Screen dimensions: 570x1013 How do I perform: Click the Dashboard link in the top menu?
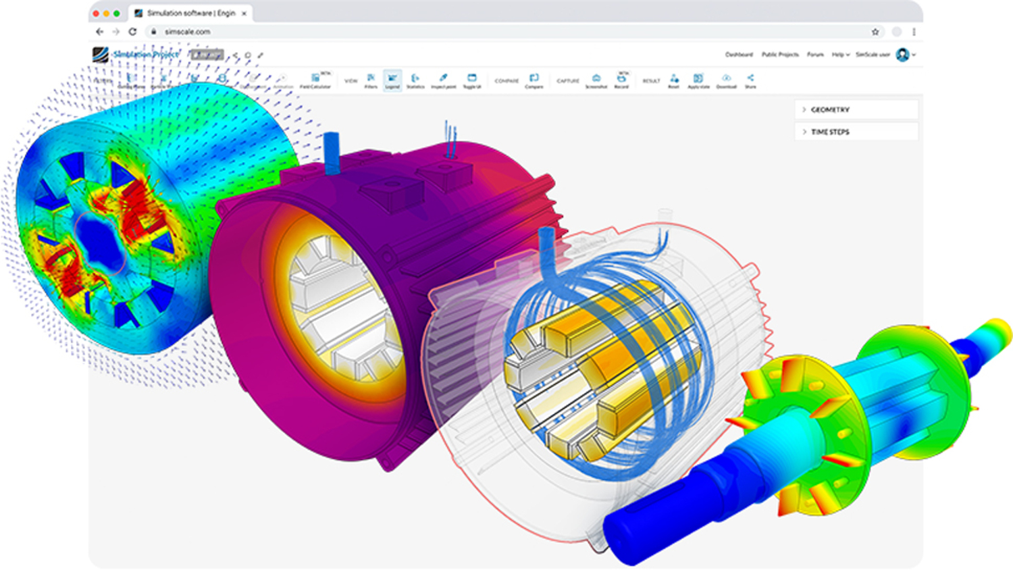[x=738, y=55]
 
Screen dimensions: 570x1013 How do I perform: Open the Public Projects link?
[x=779, y=55]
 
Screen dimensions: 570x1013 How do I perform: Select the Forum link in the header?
[x=815, y=55]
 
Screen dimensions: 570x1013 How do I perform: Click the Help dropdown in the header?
[x=840, y=55]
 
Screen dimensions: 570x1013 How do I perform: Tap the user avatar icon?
[x=902, y=55]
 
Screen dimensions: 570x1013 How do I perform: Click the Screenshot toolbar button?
[x=596, y=80]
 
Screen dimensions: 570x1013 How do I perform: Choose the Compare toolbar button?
[x=534, y=80]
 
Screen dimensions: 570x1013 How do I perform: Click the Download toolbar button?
[x=726, y=80]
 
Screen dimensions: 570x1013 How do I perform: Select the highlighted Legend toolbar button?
[x=392, y=80]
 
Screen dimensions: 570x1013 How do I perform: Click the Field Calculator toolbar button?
[x=315, y=80]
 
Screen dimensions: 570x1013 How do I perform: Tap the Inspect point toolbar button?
[x=443, y=80]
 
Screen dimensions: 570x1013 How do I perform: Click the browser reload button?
[x=132, y=32]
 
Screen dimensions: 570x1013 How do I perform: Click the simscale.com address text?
[x=187, y=32]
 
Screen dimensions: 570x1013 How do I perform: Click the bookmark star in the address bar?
[x=875, y=32]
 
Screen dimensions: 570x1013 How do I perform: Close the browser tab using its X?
[x=244, y=14]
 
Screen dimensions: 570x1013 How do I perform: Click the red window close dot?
[x=96, y=14]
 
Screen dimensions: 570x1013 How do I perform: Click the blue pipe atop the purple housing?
[x=332, y=152]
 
